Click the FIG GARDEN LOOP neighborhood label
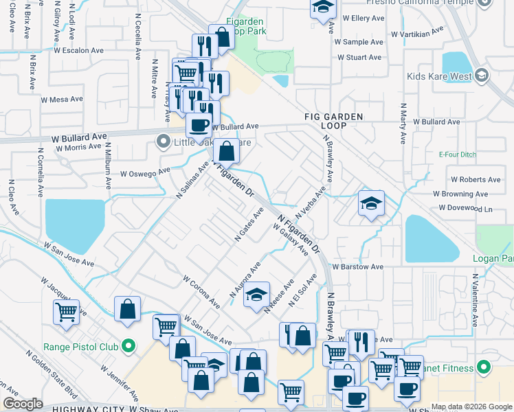(333, 121)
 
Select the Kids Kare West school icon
(482, 76)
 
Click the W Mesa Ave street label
(61, 100)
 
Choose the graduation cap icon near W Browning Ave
(370, 203)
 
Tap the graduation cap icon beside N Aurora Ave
(256, 294)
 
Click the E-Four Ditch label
(458, 154)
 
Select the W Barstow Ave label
(357, 266)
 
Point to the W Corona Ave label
(201, 292)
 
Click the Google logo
(23, 404)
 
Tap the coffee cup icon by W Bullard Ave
(199, 126)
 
